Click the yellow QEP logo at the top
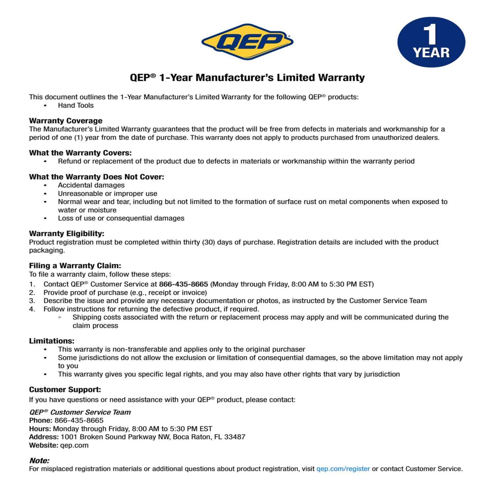click(247, 42)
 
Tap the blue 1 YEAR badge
click(431, 42)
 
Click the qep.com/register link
click(343, 469)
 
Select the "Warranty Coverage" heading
click(66, 120)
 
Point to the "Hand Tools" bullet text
click(76, 105)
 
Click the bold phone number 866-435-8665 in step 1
click(183, 284)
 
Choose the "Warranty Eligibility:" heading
click(66, 233)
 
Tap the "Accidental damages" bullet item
click(91, 185)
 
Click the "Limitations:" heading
click(51, 341)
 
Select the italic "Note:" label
click(39, 460)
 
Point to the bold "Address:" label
click(44, 437)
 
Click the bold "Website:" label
click(44, 445)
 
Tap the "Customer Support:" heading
click(65, 389)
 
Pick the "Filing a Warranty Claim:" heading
click(75, 266)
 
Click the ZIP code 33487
click(235, 437)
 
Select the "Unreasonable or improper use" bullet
click(108, 193)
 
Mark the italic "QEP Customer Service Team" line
click(80, 412)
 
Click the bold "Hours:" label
click(40, 429)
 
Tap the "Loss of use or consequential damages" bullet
click(121, 218)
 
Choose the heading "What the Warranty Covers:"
click(80, 153)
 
